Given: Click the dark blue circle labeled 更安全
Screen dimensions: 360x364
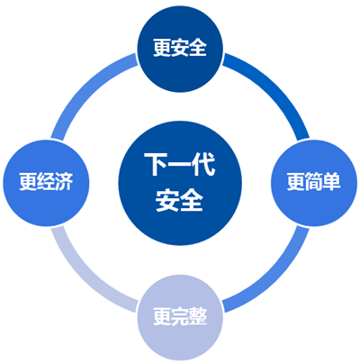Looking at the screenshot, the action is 180,49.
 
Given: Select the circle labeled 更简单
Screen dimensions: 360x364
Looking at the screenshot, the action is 314,183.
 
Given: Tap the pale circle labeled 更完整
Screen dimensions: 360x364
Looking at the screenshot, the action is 180,317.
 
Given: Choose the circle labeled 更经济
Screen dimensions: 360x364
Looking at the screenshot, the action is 46,183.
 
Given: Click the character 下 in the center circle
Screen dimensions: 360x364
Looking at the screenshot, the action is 156,164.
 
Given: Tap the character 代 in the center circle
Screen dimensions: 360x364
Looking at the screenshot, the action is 204,164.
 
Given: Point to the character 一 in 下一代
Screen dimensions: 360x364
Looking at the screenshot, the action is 180,165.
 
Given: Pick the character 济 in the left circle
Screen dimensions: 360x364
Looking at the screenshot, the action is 64,182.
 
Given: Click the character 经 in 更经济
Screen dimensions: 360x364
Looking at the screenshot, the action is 46,182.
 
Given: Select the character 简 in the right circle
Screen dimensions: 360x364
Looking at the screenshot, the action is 314,182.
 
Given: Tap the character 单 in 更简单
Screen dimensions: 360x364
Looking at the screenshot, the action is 332,182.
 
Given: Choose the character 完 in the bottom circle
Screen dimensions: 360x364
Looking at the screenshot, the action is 180,316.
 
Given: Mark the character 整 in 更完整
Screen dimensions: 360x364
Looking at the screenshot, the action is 198,316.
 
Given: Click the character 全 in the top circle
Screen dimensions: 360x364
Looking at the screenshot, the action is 198,48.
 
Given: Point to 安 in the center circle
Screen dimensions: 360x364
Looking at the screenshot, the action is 167,200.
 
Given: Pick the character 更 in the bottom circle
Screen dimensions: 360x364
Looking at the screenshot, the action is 162,316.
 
